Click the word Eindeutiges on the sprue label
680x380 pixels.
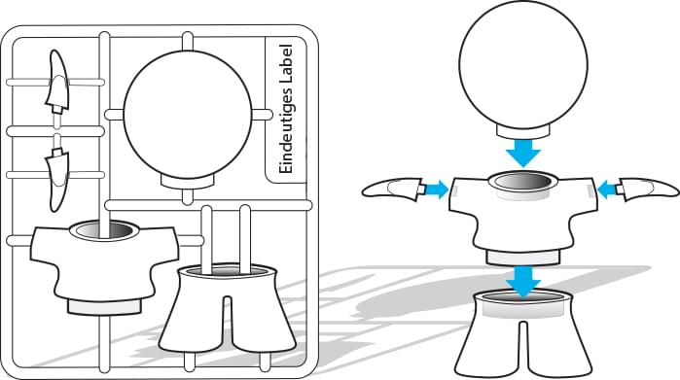point(287,131)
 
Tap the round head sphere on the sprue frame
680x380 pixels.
point(188,115)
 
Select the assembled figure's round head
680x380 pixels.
point(523,64)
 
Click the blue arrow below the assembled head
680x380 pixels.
point(523,153)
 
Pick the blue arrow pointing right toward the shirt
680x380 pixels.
point(436,190)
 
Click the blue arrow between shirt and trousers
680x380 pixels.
point(524,282)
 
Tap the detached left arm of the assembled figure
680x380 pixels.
point(392,189)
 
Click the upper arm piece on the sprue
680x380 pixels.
point(56,83)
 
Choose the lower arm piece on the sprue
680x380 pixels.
point(56,178)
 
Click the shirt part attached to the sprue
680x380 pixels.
point(104,264)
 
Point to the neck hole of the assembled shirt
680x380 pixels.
point(523,181)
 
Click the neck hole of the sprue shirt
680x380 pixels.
point(104,229)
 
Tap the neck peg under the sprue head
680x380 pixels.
point(188,182)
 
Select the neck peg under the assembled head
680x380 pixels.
point(523,132)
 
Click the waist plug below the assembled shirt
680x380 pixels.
point(523,258)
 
